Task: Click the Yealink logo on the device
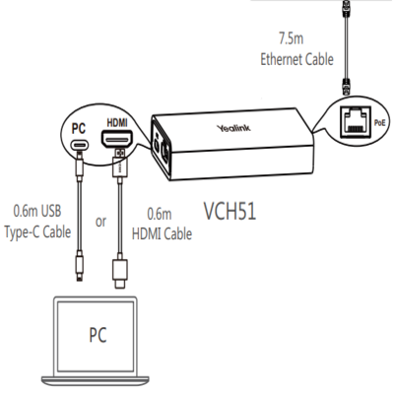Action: (233, 128)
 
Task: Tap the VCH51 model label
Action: (230, 211)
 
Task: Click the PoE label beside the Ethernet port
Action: (379, 123)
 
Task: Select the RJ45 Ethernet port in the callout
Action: (357, 120)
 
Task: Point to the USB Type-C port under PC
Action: (79, 145)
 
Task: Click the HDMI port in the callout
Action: (117, 139)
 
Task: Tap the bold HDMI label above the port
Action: (117, 123)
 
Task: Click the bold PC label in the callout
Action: (79, 129)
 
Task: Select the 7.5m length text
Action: (292, 38)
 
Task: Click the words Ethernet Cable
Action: (296, 59)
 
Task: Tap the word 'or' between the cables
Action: (100, 222)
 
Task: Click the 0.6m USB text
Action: (37, 211)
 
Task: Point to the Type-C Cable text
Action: (37, 232)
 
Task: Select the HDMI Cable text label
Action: (162, 234)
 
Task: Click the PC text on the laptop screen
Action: (98, 335)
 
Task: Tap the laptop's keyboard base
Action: (96, 381)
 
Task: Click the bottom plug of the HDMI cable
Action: (120, 273)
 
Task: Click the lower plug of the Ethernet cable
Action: (346, 86)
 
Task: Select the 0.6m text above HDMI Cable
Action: (160, 215)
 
